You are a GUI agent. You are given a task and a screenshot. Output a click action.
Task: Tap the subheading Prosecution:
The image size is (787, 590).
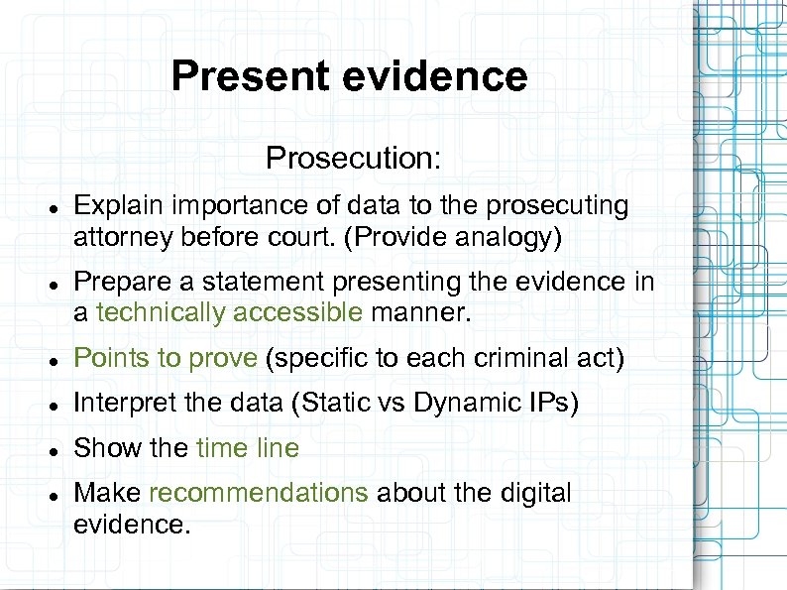[x=353, y=158]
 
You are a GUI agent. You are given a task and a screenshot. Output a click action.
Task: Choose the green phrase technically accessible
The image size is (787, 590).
[x=230, y=313]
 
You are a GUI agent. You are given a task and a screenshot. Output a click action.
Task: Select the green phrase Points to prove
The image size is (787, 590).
[x=166, y=358]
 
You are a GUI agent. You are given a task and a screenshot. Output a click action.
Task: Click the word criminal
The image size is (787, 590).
[x=521, y=358]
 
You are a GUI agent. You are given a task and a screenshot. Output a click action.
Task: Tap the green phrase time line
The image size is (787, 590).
[x=247, y=448]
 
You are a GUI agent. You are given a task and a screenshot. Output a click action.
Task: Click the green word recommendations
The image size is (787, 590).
[x=258, y=493]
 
